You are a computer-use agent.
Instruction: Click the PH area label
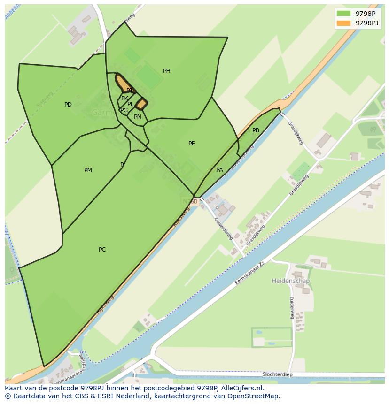pos(167,71)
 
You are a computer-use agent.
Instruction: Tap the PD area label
pos(68,105)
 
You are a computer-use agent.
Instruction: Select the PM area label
pos(88,170)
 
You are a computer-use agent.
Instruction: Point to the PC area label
pos(102,250)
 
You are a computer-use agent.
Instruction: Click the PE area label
pos(192,144)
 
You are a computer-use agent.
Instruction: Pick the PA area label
pos(219,170)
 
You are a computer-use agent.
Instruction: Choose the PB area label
pos(256,130)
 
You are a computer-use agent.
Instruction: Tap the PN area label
pos(138,117)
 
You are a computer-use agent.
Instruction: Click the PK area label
pos(124,99)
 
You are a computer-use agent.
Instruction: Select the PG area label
pos(124,110)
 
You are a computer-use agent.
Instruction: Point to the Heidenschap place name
pos(290,281)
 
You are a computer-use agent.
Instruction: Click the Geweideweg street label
pos(224,229)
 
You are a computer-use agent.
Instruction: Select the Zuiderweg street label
pos(292,307)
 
